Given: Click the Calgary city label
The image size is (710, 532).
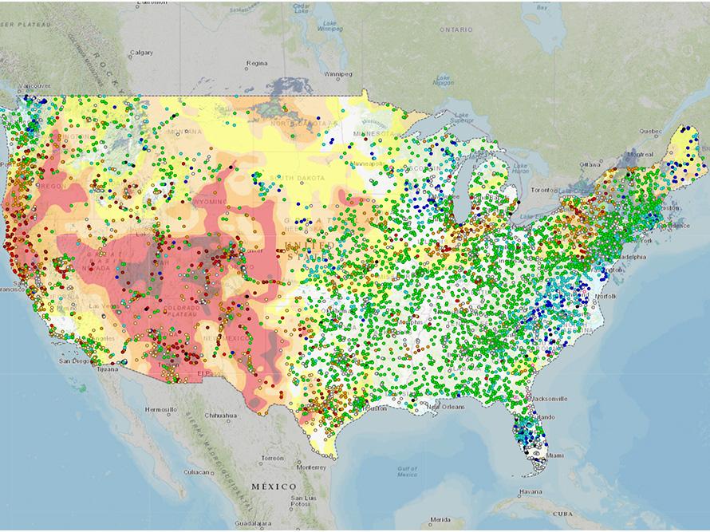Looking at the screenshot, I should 141,53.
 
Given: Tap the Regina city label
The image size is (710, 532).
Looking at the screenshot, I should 257,62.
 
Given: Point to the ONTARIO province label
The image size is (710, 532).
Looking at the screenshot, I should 456,30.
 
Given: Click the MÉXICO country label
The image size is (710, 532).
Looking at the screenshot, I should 274,486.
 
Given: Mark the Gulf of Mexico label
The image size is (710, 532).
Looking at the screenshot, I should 408,471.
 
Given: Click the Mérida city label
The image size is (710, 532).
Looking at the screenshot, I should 440,519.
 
